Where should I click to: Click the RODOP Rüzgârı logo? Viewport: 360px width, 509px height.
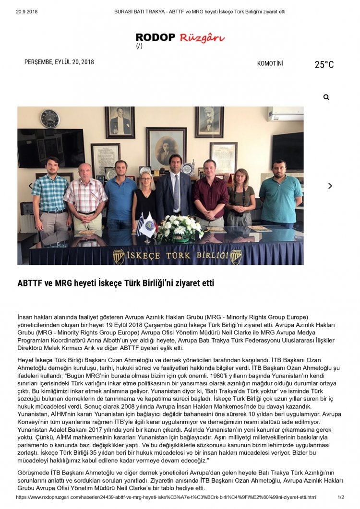(x=180, y=38)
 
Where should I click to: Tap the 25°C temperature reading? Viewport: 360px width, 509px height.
(x=324, y=65)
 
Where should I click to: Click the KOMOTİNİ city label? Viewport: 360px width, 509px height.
(x=270, y=63)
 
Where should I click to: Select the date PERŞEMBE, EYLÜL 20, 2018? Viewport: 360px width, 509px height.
(x=59, y=62)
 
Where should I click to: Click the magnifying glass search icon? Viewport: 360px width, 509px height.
(x=326, y=97)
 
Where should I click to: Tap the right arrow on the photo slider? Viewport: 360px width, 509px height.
(x=330, y=186)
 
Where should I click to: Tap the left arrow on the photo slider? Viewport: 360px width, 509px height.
(x=31, y=186)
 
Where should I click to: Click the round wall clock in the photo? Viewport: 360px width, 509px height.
(x=50, y=118)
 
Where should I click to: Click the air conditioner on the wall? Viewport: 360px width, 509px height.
(x=285, y=114)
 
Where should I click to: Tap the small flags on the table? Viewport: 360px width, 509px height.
(x=145, y=225)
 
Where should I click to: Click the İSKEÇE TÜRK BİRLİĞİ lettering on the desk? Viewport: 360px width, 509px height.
(x=178, y=255)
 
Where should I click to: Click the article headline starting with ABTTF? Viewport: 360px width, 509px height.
(x=116, y=283)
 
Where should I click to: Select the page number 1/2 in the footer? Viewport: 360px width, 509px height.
(x=341, y=497)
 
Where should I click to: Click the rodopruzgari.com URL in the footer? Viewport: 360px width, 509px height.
(x=166, y=497)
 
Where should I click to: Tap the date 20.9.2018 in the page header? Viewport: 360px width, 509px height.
(x=27, y=11)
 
